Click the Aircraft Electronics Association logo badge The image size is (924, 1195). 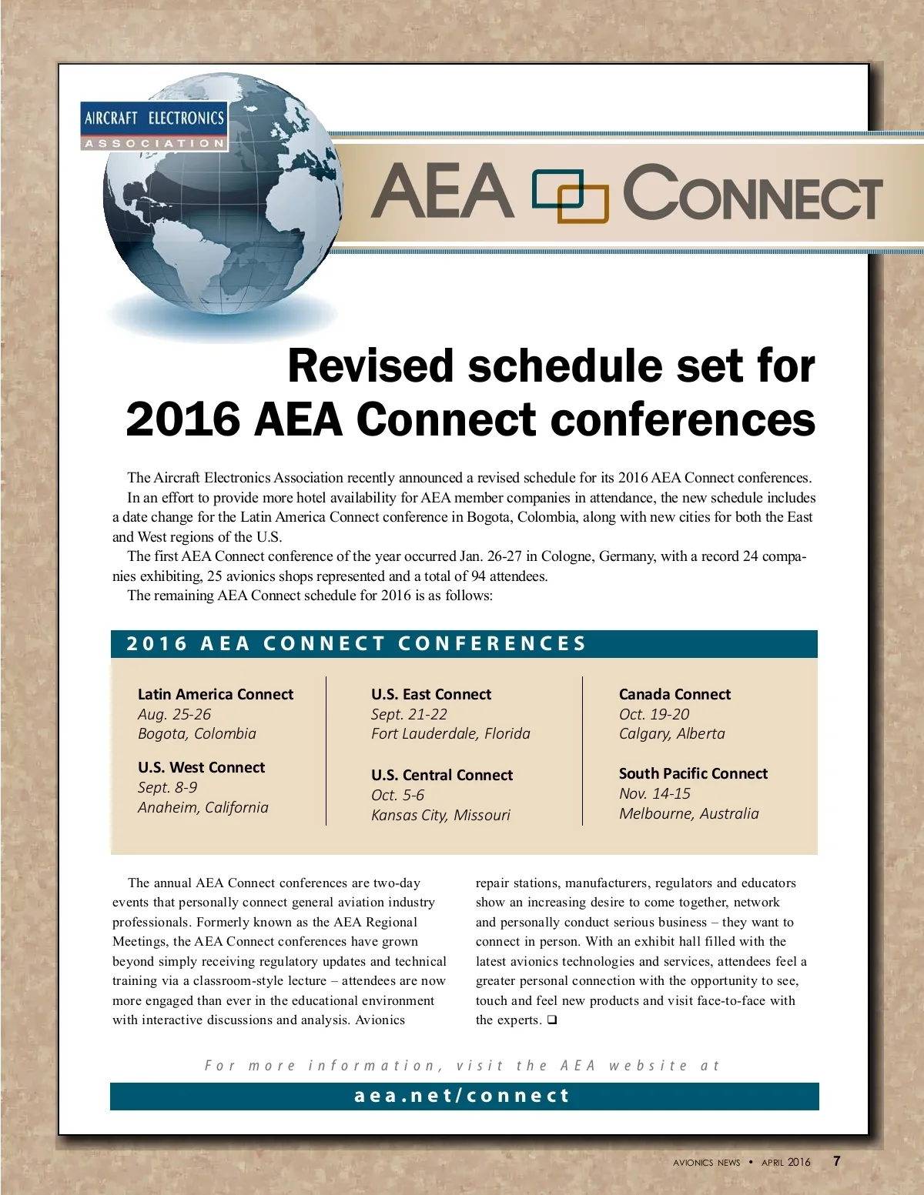(x=154, y=125)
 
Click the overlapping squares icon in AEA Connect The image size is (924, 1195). (x=570, y=195)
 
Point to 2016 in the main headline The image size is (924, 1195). (x=183, y=420)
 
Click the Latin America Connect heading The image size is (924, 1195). (x=216, y=694)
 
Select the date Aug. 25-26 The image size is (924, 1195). (x=174, y=714)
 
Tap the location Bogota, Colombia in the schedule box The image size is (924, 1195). (x=197, y=734)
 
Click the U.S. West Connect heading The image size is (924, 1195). (x=201, y=767)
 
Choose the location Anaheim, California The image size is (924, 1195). (x=203, y=807)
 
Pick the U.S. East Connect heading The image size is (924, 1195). (x=431, y=694)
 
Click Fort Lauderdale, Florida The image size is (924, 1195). (x=450, y=734)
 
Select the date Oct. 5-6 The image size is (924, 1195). (x=397, y=795)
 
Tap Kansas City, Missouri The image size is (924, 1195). (x=440, y=815)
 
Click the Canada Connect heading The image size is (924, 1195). (x=675, y=694)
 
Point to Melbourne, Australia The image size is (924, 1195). (x=688, y=813)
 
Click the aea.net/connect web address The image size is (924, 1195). (x=462, y=1096)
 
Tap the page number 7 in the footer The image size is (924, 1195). (x=837, y=1161)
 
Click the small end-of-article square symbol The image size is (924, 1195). (x=552, y=1020)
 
